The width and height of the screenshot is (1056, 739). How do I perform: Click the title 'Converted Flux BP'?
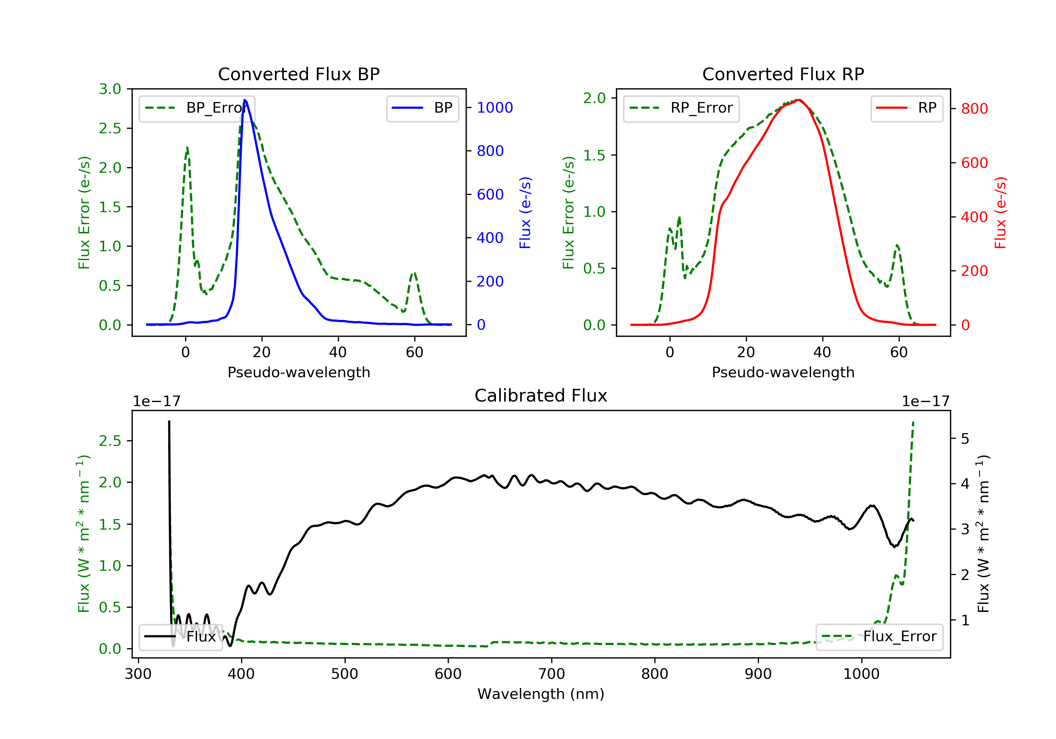pyautogui.click(x=299, y=74)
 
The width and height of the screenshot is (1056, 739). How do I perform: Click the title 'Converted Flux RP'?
pyautogui.click(x=783, y=74)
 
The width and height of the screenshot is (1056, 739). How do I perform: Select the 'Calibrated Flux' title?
pyautogui.click(x=541, y=396)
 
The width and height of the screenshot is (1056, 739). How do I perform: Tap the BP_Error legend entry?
pyautogui.click(x=196, y=108)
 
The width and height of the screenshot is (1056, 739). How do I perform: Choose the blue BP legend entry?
pyautogui.click(x=422, y=108)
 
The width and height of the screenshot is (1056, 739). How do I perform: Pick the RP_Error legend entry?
pyautogui.click(x=681, y=108)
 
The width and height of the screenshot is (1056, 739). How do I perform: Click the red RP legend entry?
pyautogui.click(x=906, y=108)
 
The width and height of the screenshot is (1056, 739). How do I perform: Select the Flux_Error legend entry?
pyautogui.click(x=879, y=637)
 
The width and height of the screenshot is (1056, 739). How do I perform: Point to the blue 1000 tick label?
pyautogui.click(x=495, y=108)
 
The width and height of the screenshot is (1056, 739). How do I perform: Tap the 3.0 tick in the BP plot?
pyautogui.click(x=111, y=89)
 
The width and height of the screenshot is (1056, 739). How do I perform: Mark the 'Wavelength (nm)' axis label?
pyautogui.click(x=541, y=694)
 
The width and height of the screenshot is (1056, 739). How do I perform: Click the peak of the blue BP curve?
pyautogui.click(x=245, y=100)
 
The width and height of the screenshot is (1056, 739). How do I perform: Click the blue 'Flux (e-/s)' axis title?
pyautogui.click(x=525, y=213)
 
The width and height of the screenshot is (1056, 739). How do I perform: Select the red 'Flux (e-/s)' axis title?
pyautogui.click(x=1000, y=213)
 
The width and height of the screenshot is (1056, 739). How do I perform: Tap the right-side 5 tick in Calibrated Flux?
pyautogui.click(x=965, y=439)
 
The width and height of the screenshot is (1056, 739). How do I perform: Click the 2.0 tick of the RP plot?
pyautogui.click(x=595, y=98)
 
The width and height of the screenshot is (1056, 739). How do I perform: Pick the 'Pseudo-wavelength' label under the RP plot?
pyautogui.click(x=783, y=372)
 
